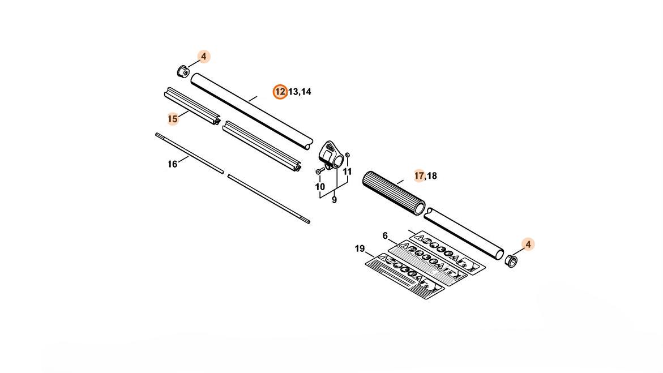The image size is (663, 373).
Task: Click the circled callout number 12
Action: coord(280,92)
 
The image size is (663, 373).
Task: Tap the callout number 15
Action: coord(173,119)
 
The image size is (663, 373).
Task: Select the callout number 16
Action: coord(172,164)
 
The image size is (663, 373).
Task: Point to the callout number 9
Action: coord(334,200)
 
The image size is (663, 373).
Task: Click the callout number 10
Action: coord(320,187)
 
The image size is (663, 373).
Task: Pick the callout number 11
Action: coord(348,172)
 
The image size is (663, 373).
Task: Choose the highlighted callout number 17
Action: coord(419,175)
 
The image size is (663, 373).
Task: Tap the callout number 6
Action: coord(385,235)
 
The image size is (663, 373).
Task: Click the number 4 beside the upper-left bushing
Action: coord(204,57)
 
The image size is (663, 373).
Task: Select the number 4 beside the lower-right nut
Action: coord(528,245)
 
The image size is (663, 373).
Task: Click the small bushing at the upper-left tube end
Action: coord(183,72)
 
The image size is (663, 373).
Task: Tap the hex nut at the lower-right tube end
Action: coord(511,260)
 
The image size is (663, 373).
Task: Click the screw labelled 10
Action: coord(319,170)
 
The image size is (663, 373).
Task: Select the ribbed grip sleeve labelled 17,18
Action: coord(393,191)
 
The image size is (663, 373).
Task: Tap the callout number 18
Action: coord(432,176)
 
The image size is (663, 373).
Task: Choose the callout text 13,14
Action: coord(300,92)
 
